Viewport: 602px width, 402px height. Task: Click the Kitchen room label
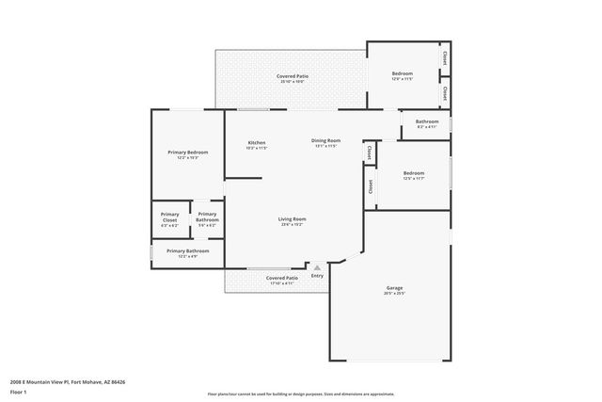[257, 142]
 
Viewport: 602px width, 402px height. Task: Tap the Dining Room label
[326, 140]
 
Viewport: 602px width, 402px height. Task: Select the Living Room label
[292, 219]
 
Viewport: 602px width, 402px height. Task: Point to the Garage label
[394, 288]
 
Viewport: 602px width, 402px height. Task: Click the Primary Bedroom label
[188, 152]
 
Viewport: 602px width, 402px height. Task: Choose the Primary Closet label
[169, 217]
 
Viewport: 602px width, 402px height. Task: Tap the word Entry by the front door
[317, 276]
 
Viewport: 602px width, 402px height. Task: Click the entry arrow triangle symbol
[317, 267]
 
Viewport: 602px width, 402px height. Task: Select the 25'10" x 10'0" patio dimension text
[293, 82]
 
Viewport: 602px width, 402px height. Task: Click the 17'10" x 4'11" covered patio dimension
[282, 283]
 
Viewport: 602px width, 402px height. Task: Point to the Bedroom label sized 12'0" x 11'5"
[402, 73]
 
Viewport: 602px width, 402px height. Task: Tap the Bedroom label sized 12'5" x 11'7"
[414, 173]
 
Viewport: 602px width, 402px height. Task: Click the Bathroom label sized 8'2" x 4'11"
[427, 121]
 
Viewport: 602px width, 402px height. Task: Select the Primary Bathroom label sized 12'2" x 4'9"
[188, 251]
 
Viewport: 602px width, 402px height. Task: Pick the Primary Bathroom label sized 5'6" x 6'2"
[207, 217]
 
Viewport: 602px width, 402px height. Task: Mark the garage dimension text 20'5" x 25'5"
[394, 294]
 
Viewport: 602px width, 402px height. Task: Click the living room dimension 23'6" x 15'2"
[292, 225]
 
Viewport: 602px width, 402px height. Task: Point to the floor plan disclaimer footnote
[300, 394]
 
